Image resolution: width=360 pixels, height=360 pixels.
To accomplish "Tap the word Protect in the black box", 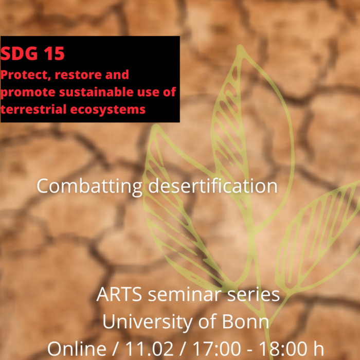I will (x=21, y=75).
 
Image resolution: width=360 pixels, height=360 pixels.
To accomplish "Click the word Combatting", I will (x=89, y=186).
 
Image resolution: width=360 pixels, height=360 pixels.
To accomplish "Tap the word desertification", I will (x=212, y=186).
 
